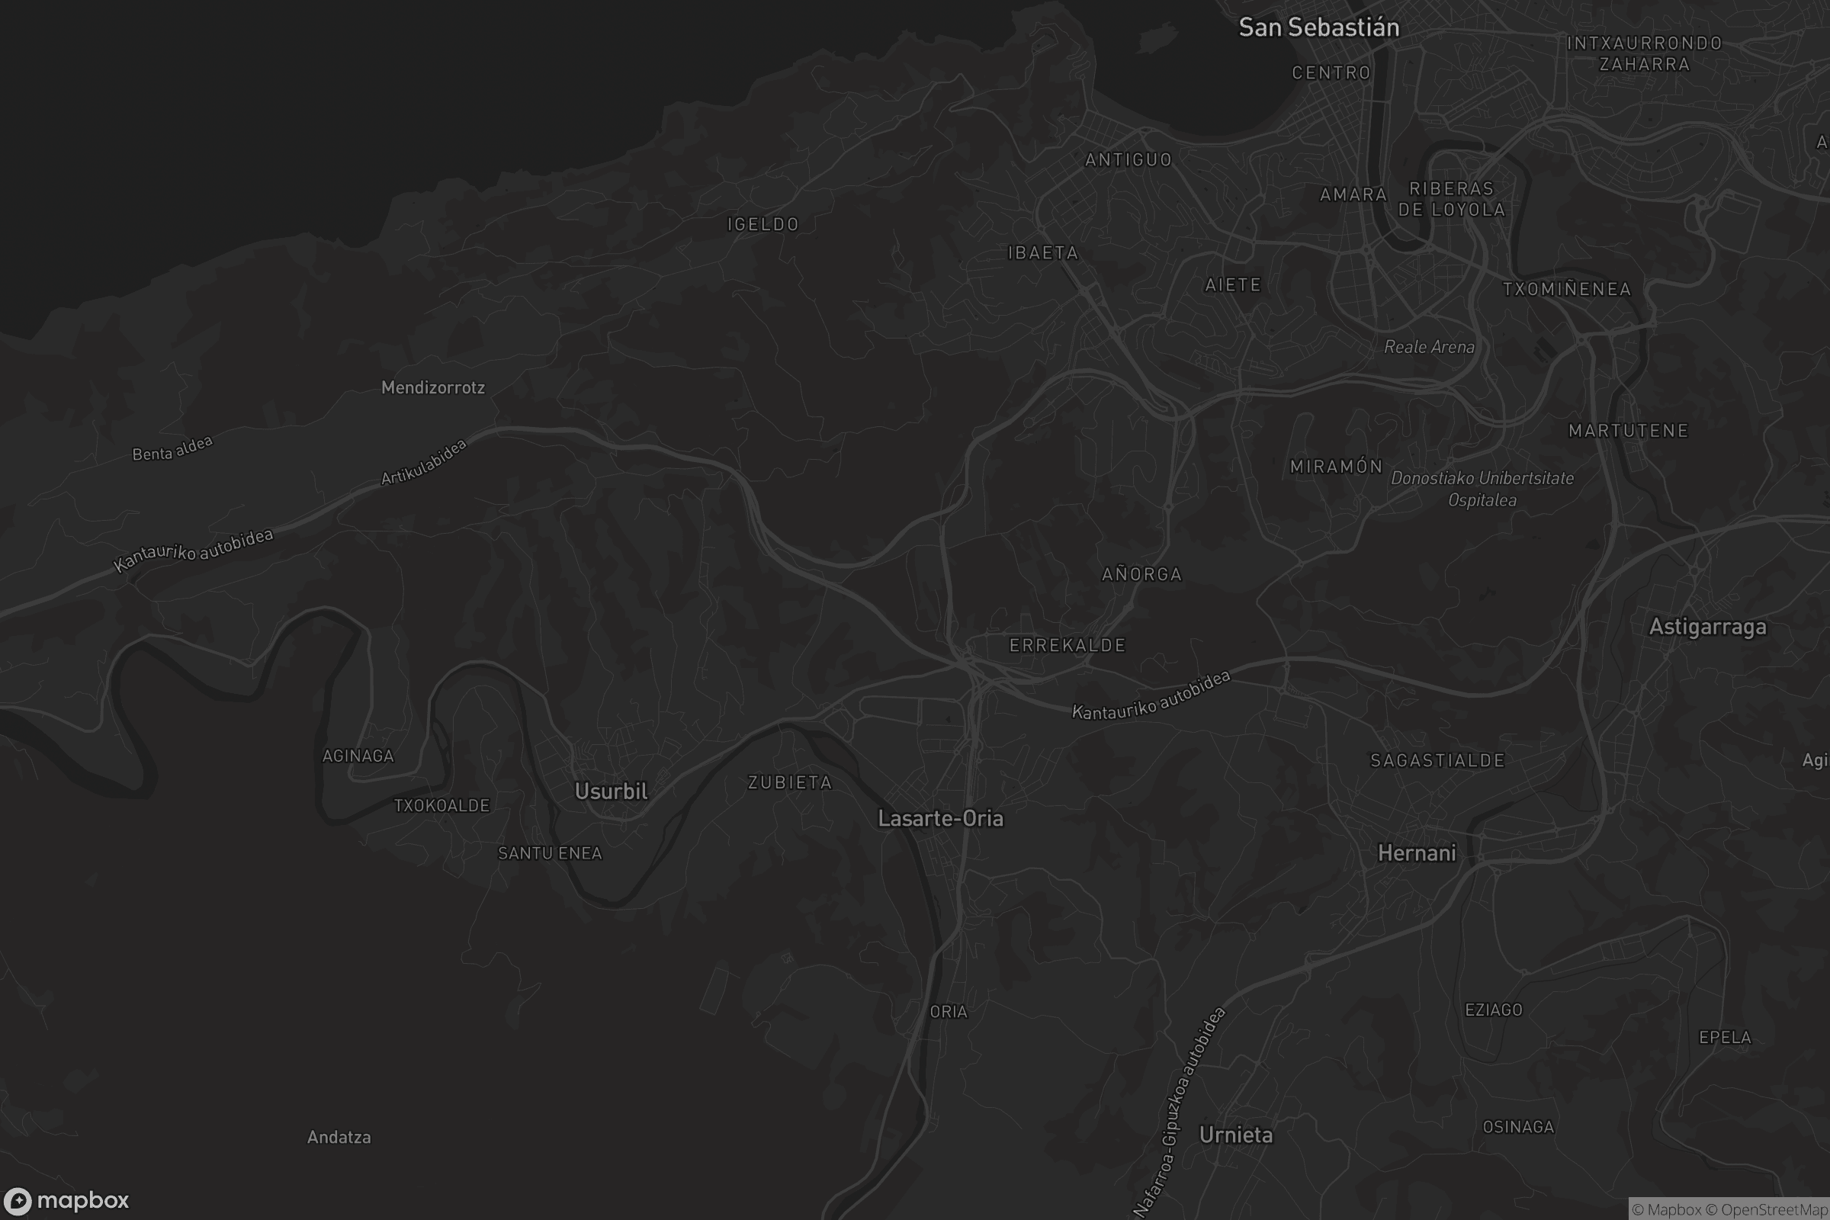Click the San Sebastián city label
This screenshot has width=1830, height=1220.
click(1319, 28)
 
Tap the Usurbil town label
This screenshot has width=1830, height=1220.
click(611, 791)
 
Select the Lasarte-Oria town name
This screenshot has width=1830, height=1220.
click(940, 818)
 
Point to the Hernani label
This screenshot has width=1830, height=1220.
click(1416, 853)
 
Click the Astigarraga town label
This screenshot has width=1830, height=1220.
click(1707, 627)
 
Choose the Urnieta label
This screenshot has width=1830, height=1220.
click(1235, 1135)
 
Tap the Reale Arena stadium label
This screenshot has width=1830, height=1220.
click(1428, 347)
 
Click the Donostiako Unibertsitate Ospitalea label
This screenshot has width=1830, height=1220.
click(1482, 489)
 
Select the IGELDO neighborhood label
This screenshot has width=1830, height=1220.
click(762, 225)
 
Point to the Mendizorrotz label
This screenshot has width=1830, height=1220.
click(432, 387)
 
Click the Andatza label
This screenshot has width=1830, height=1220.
click(339, 1138)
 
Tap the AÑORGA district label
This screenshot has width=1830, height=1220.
click(1141, 574)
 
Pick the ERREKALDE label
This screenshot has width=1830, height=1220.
click(1067, 645)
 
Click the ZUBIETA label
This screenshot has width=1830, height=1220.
click(790, 783)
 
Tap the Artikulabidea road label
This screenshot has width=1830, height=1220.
click(423, 462)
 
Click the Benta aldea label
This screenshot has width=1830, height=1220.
click(172, 449)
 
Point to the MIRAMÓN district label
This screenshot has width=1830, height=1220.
click(1336, 467)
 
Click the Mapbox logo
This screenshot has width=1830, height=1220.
click(66, 1200)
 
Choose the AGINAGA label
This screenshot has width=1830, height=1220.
click(358, 756)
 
